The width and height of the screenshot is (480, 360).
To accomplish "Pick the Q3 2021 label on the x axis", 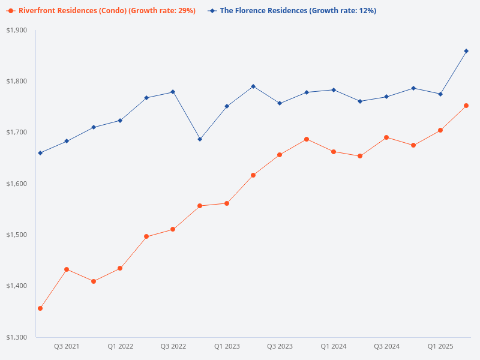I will pyautogui.click(x=67, y=347).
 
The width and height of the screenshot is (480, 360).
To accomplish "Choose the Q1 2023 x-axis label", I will pyautogui.click(x=227, y=347).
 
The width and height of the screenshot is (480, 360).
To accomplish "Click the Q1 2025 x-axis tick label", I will pyautogui.click(x=440, y=347).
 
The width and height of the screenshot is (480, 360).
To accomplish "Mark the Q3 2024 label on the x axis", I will pyautogui.click(x=386, y=347).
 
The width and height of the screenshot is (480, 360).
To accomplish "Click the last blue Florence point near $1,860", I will pyautogui.click(x=466, y=51).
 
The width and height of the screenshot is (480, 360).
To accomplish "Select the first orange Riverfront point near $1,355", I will pyautogui.click(x=40, y=308).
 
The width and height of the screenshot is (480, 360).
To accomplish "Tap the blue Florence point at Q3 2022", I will pyautogui.click(x=173, y=92).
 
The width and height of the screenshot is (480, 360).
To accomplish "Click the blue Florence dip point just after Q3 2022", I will pyautogui.click(x=200, y=139).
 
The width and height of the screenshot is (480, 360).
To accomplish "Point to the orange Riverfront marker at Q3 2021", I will pyautogui.click(x=67, y=269).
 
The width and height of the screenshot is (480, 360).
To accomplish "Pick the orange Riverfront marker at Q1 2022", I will pyautogui.click(x=120, y=268).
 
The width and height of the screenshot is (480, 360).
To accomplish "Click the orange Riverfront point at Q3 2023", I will pyautogui.click(x=280, y=155).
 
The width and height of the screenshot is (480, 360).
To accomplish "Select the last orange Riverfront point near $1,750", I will pyautogui.click(x=466, y=106).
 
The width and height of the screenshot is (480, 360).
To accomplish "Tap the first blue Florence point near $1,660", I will pyautogui.click(x=40, y=153).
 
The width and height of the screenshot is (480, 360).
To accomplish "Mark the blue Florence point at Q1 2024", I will pyautogui.click(x=333, y=90).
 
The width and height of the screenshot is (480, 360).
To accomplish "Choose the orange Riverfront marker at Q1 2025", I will pyautogui.click(x=440, y=130).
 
